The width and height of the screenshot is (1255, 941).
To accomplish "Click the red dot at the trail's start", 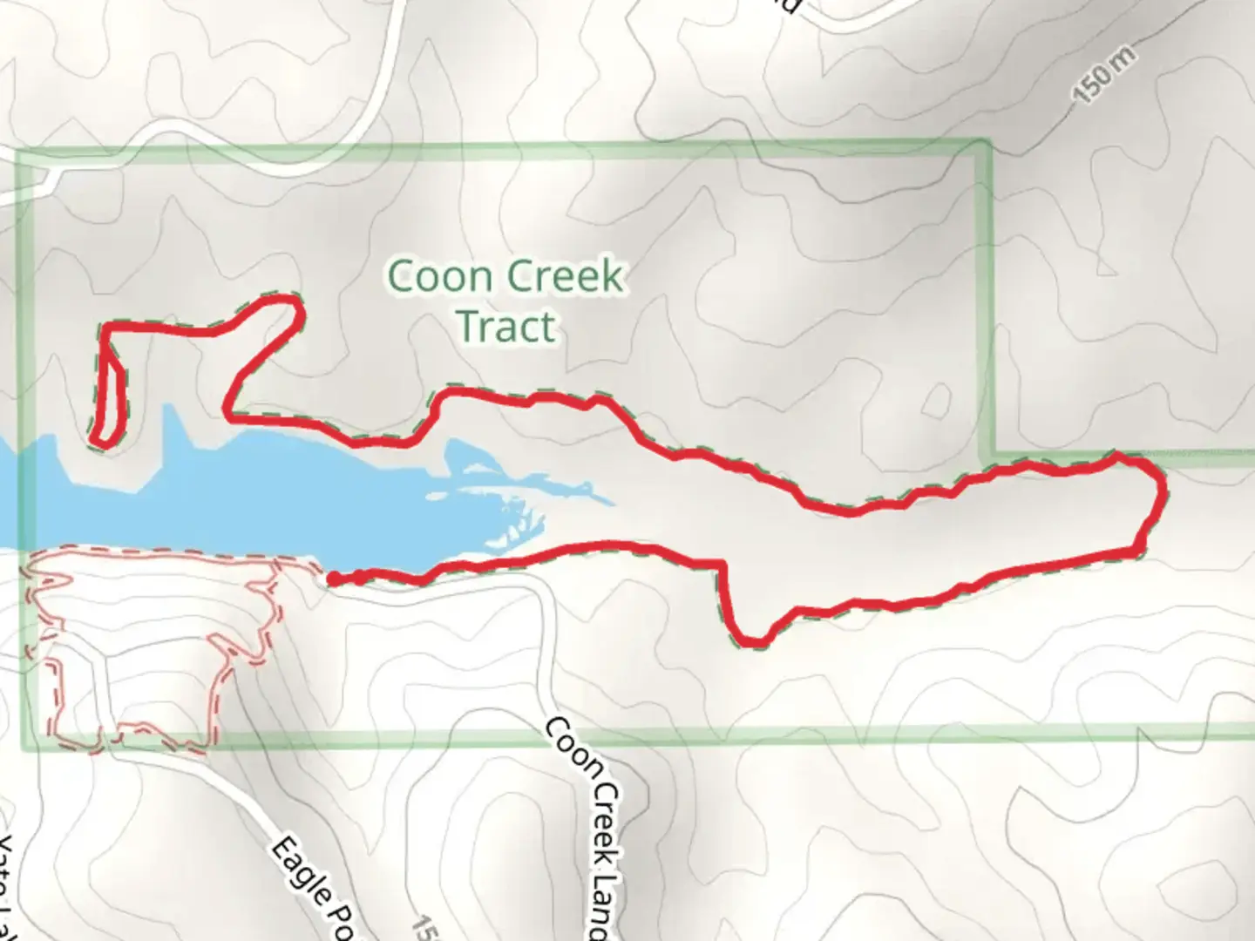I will [x=333, y=578].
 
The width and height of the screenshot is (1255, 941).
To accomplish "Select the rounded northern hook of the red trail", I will [x=292, y=309].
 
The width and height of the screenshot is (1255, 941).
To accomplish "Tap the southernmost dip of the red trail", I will [x=752, y=643].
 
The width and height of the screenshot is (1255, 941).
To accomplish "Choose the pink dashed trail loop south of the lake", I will [x=148, y=653].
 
